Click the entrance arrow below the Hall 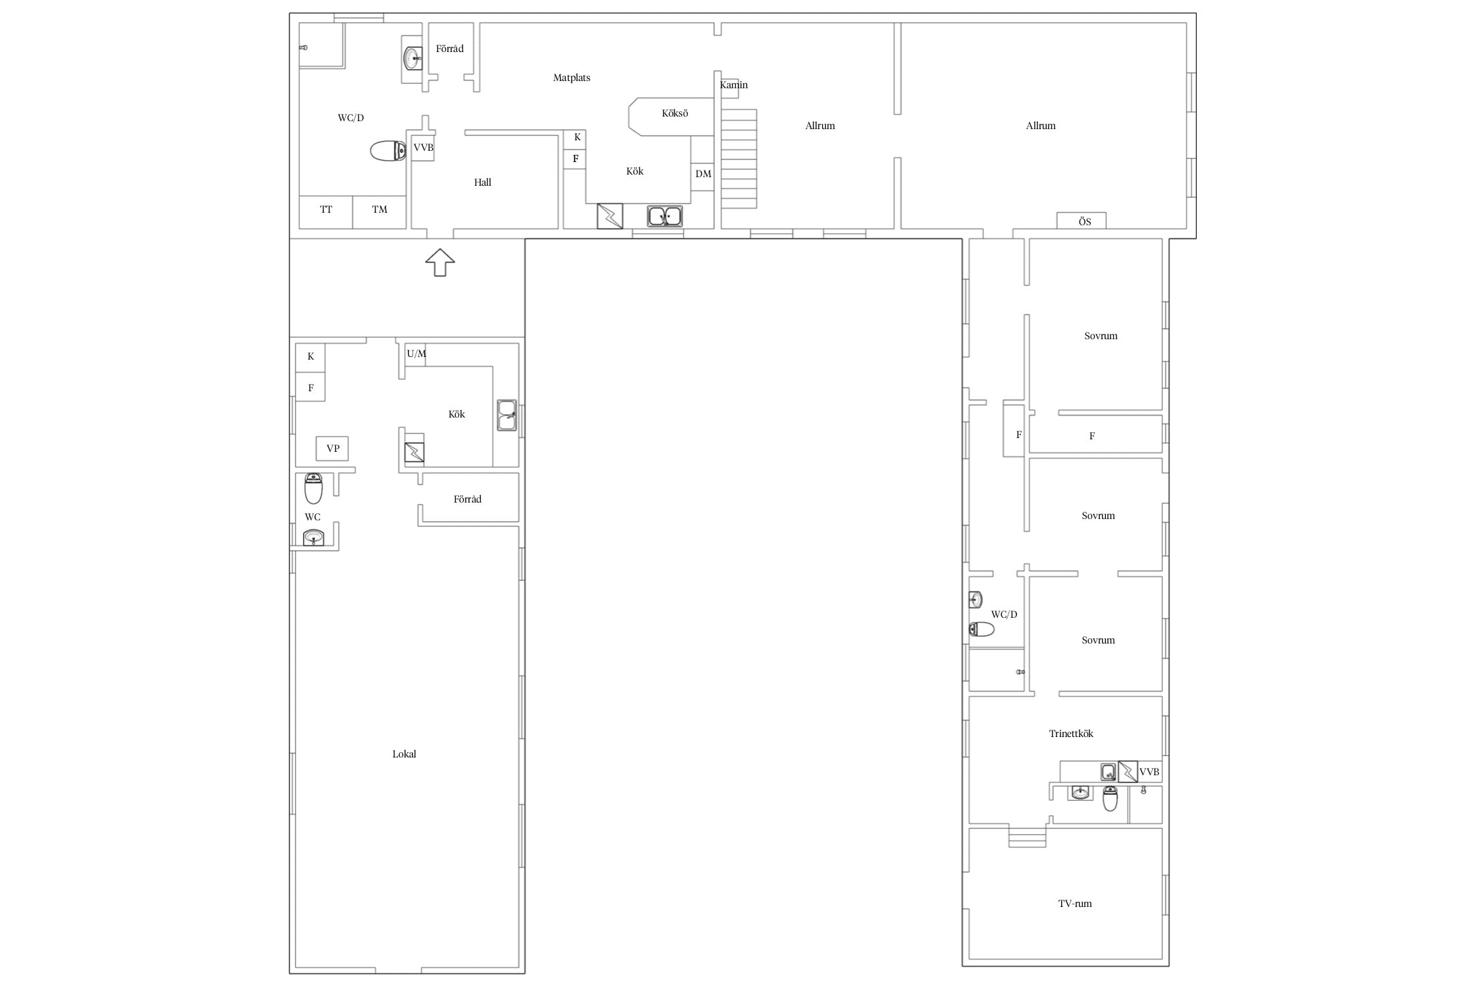pos(440,262)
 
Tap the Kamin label pos(734,85)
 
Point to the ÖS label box pos(1082,221)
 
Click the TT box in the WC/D pos(326,212)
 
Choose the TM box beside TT pos(379,212)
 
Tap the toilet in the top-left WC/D pos(388,151)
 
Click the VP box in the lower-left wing pos(333,449)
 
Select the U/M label pos(416,354)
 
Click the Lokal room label pos(404,754)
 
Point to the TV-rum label pos(1075,904)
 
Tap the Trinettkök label pos(1071,734)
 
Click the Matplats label pos(572,78)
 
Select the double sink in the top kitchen pos(665,216)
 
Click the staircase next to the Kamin pos(739,159)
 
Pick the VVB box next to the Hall pos(424,148)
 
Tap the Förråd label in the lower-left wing pos(468,499)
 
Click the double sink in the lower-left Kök pos(507,415)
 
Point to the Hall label pos(483,182)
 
